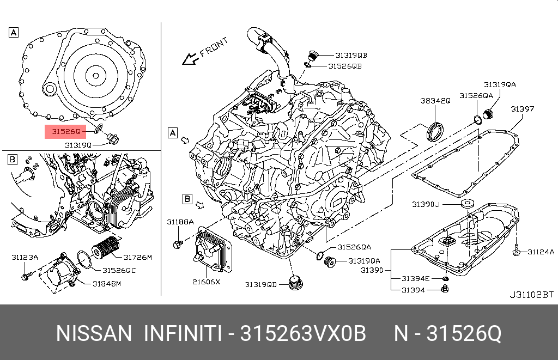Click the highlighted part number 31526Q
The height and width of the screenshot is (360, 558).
coord(66,131)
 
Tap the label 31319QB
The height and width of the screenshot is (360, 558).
coord(351,55)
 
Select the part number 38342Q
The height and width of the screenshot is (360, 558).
coord(435,101)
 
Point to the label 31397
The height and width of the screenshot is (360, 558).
coord(522,109)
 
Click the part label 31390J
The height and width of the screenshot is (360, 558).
coord(425,204)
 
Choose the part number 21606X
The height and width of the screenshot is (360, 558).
coord(207,282)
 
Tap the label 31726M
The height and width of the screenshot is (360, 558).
coord(137,257)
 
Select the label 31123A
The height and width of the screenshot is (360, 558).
coord(25,257)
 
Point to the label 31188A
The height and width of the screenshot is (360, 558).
coord(180,222)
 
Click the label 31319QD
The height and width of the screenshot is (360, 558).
coord(260,284)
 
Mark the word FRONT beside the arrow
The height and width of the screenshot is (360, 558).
coord(214,47)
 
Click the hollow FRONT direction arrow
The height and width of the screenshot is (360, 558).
coord(190,58)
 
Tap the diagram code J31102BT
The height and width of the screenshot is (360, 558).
coord(531,295)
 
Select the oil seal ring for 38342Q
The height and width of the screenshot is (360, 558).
coord(435,131)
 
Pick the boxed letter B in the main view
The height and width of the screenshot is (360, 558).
coord(187,199)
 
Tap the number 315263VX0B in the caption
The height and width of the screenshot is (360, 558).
coord(304,333)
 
